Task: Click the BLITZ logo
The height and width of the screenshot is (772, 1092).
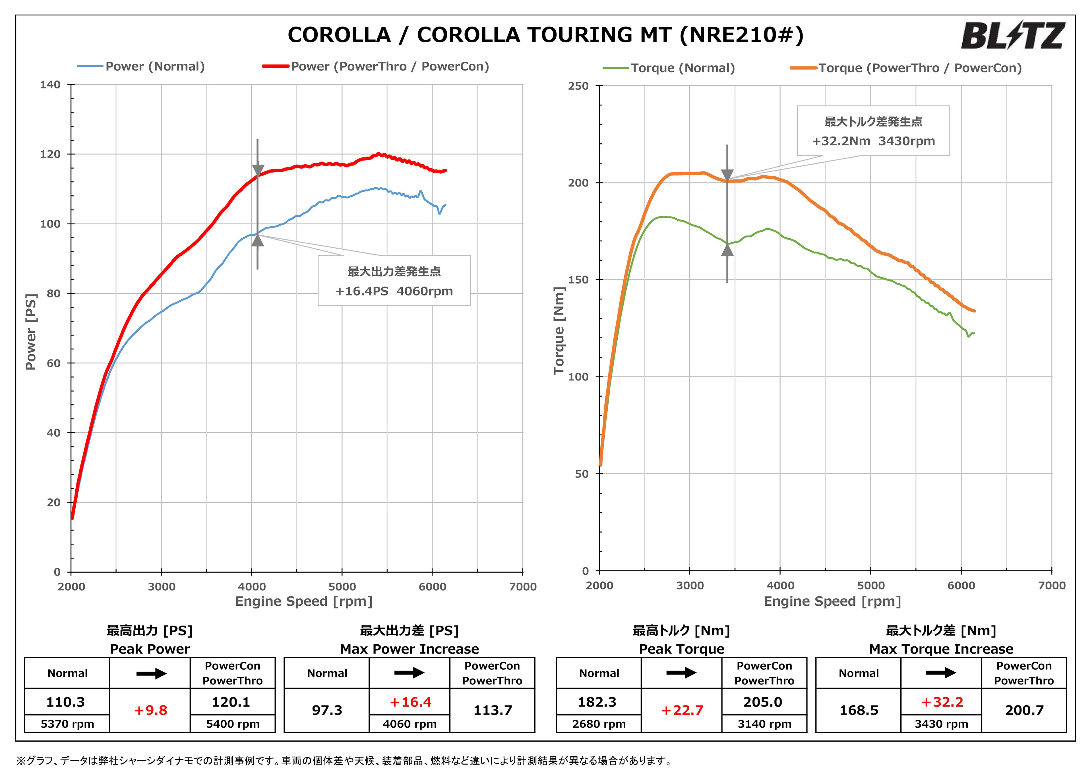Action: [1012, 36]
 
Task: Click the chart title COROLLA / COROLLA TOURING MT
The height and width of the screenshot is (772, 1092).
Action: [545, 35]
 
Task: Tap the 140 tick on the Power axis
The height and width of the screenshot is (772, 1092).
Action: [50, 85]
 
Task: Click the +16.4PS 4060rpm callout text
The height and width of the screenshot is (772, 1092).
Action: [394, 291]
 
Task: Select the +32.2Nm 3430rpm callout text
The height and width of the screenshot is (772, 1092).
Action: [873, 141]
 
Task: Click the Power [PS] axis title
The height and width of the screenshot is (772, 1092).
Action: [31, 332]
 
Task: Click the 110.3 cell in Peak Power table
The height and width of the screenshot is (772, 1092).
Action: [66, 702]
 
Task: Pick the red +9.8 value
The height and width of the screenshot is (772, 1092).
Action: [150, 710]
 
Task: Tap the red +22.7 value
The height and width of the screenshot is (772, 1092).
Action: [682, 710]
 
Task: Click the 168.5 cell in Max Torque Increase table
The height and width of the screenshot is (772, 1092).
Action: [859, 710]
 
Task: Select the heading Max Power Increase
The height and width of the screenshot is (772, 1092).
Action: [409, 649]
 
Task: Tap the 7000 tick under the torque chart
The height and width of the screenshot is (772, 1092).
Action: [1052, 585]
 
